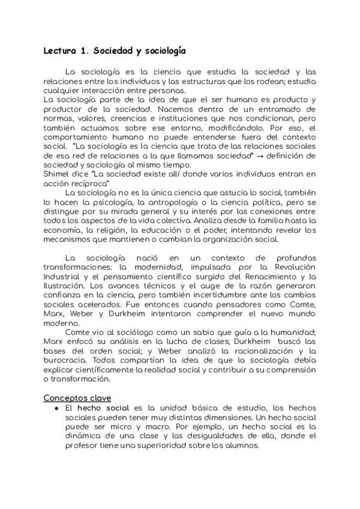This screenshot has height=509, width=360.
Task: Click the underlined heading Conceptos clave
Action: tap(78, 398)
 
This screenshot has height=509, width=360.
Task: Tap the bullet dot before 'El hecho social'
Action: tap(56, 408)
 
